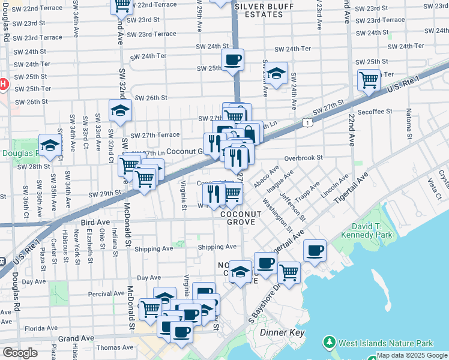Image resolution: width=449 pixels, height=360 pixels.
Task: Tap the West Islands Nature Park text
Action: [x=385, y=344]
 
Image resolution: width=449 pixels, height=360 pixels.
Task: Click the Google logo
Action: [x=20, y=353]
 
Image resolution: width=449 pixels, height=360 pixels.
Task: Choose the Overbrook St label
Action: [x=304, y=158]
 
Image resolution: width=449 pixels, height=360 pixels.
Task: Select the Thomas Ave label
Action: [x=115, y=347]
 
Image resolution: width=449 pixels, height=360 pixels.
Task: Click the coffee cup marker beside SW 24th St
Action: [x=232, y=59]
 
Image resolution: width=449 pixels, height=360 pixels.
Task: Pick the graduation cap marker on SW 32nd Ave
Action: [x=120, y=110]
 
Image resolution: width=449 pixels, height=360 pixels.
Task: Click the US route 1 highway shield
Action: [x=307, y=122]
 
